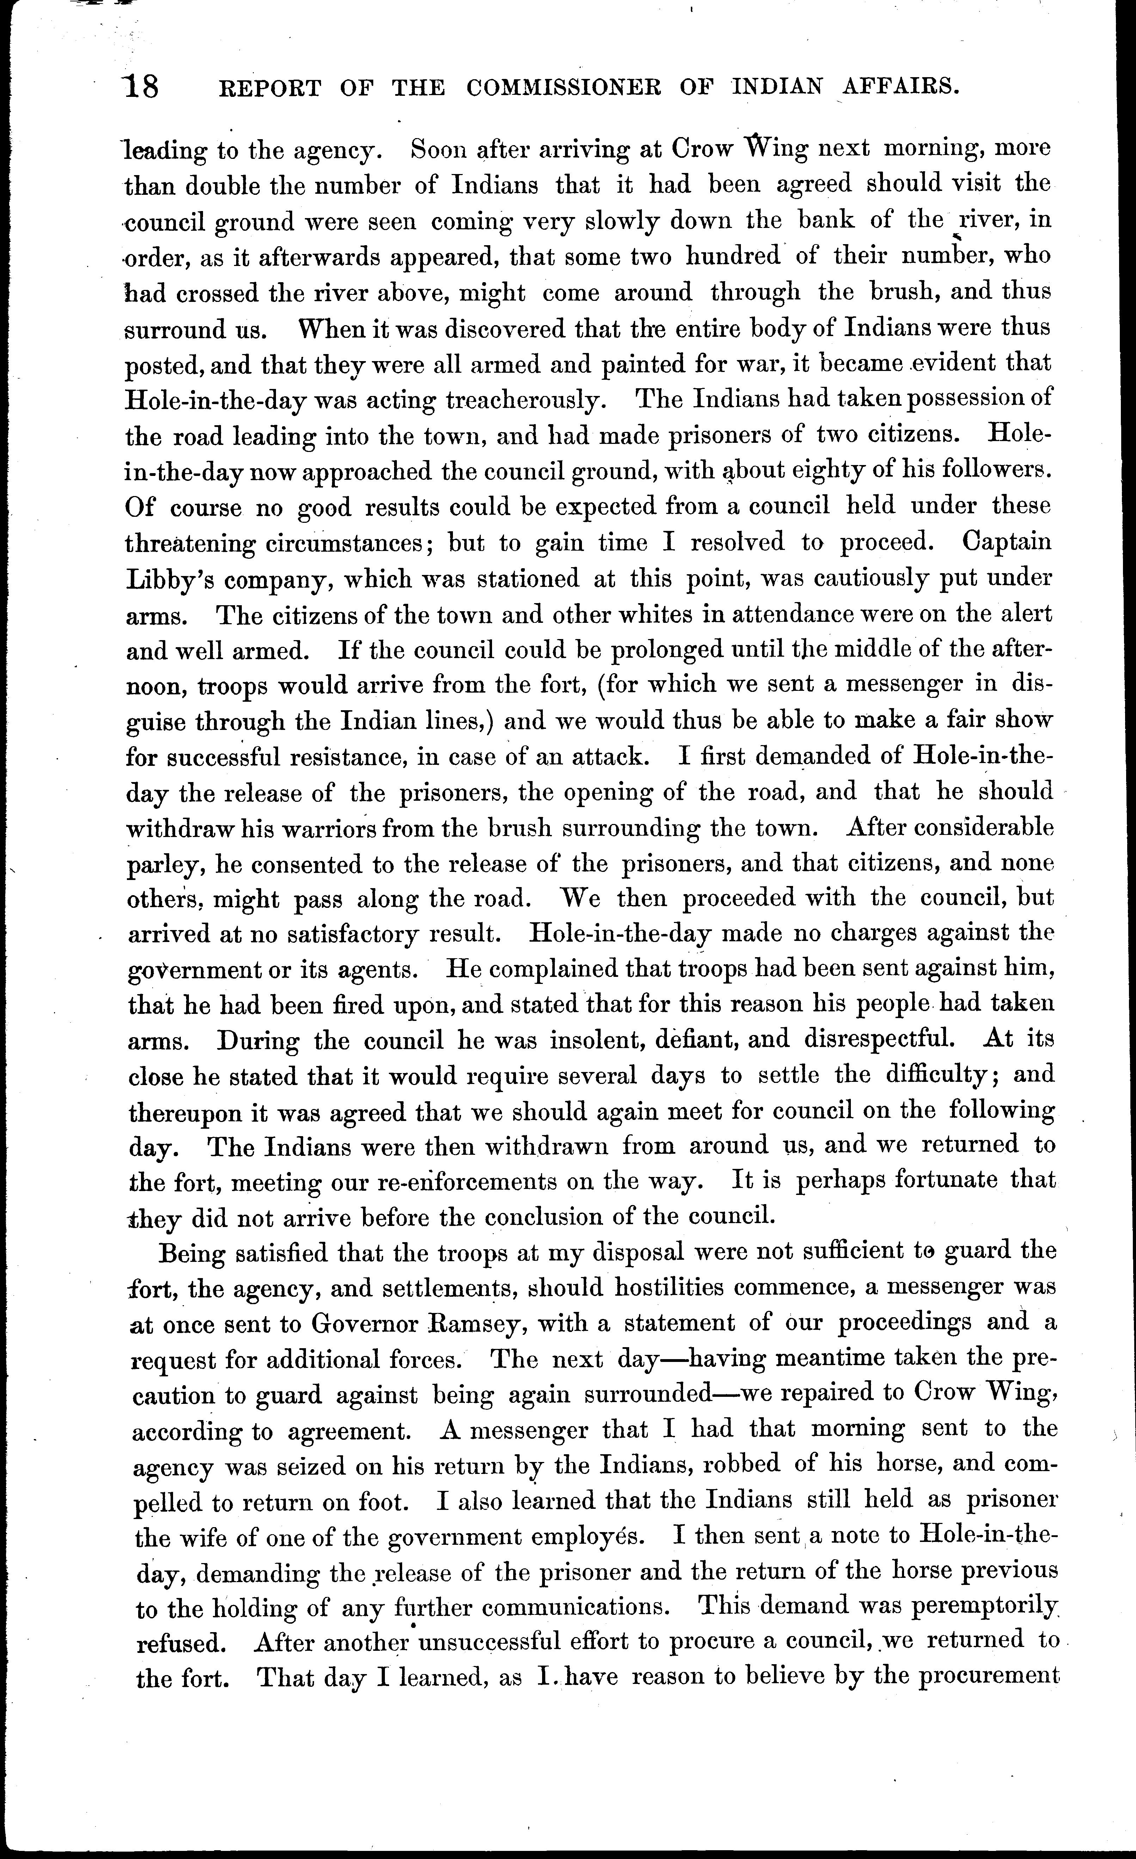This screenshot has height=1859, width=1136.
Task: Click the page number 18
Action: (x=142, y=88)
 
